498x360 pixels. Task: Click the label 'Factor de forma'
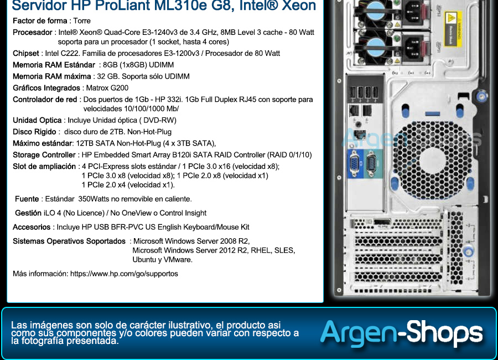pos(40,21)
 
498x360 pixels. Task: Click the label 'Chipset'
pos(25,53)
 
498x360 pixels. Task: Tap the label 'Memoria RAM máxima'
pos(52,76)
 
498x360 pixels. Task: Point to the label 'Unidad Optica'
pos(37,121)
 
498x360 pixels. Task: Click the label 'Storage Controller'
pos(44,155)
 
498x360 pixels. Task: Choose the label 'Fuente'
pos(27,199)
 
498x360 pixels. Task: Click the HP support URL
pos(124,274)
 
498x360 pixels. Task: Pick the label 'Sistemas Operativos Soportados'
pos(69,241)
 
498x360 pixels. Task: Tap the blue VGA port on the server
pos(355,164)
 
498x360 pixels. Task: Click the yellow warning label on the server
pos(452,29)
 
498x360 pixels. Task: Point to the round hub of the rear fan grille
pos(433,161)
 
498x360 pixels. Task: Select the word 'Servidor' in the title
pos(39,6)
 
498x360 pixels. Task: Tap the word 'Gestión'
pos(28,213)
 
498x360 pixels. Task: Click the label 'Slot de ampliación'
pos(44,167)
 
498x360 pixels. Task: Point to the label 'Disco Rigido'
pos(34,132)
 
